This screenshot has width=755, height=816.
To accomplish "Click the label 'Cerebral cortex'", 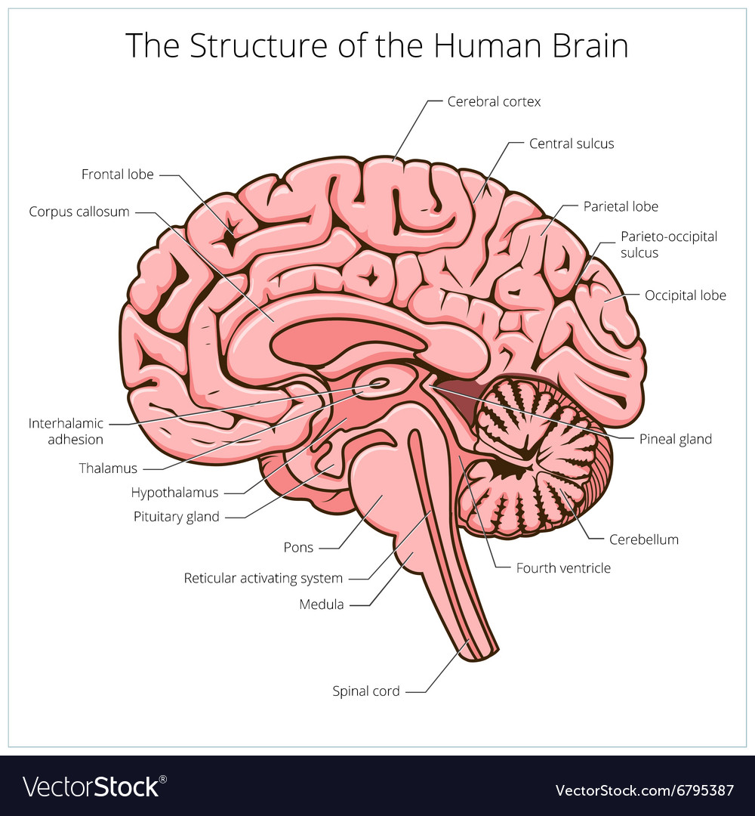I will (494, 101).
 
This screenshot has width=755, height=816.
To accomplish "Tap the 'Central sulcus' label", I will (572, 144).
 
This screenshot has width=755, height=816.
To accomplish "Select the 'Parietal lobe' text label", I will (621, 206).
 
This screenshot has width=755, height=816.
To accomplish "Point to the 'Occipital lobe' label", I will (685, 295).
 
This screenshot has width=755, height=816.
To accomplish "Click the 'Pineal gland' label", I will (675, 439).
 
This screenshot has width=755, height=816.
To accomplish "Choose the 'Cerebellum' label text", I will (643, 539).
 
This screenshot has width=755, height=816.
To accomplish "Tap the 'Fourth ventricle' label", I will (563, 567).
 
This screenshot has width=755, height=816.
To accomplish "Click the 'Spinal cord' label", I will (366, 691).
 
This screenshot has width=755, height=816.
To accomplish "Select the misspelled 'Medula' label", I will (322, 604).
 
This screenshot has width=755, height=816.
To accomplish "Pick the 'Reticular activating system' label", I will (263, 579).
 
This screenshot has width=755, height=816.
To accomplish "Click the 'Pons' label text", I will (298, 547).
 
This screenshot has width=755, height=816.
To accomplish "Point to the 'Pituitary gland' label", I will (177, 517).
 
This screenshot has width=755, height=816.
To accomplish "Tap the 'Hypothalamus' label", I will (174, 493).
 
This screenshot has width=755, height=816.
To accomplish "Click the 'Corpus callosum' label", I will (79, 212).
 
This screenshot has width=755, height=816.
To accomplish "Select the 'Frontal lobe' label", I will (118, 175).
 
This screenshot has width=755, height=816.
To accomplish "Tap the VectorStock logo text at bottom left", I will (91, 787).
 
